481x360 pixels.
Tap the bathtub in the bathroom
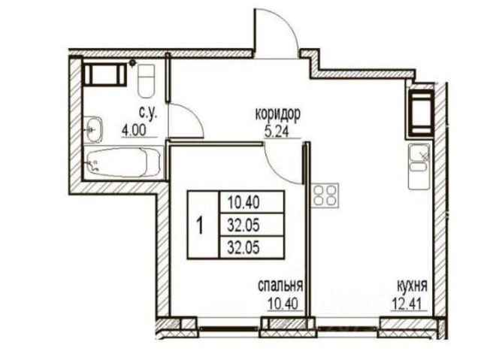(x=123, y=162)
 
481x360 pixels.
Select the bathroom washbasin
(x=93, y=129)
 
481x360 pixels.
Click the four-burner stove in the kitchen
(x=325, y=195)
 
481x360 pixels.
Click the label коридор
(x=278, y=115)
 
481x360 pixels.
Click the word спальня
(x=280, y=286)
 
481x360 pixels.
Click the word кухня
(x=412, y=286)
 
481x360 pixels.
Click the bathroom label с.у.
(x=149, y=113)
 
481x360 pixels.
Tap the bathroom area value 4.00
(x=134, y=131)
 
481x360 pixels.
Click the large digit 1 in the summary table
(x=201, y=225)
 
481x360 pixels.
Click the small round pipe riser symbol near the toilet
(x=132, y=63)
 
